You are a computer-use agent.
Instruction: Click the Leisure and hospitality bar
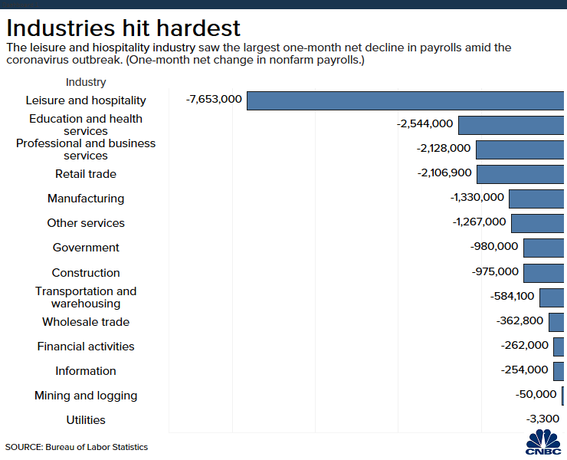(406, 100)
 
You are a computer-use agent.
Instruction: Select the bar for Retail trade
(521, 174)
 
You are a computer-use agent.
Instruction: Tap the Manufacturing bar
(537, 199)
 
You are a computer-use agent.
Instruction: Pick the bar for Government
(544, 248)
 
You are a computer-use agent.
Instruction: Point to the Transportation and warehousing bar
(552, 297)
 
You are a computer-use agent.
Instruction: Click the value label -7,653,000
(214, 100)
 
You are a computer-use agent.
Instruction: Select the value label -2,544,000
(425, 124)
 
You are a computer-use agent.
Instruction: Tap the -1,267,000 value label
(479, 222)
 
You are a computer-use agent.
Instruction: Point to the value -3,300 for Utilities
(542, 419)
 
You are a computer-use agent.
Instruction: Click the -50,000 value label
(536, 394)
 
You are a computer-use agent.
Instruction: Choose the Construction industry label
(86, 273)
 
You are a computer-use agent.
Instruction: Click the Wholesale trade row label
(86, 322)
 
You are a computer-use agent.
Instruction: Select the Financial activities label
(86, 347)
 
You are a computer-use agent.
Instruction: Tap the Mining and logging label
(86, 396)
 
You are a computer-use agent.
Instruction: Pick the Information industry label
(86, 371)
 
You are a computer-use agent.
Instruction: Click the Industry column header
(86, 82)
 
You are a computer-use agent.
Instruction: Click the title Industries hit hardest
(123, 28)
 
